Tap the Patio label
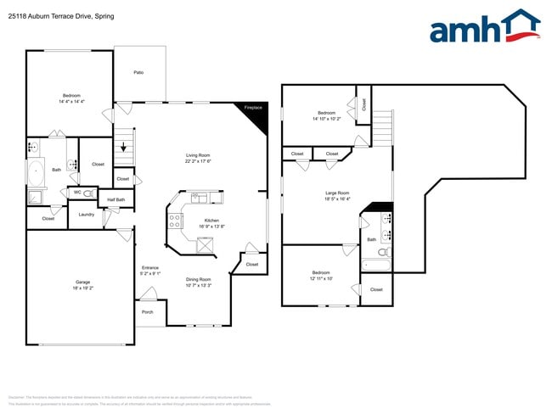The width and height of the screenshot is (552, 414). [x=138, y=72]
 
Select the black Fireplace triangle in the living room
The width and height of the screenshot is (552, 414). [x=256, y=117]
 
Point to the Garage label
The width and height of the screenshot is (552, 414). [x=82, y=282]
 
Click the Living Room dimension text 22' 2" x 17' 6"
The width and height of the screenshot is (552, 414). [x=198, y=161]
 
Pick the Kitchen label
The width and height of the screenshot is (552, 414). [x=211, y=220]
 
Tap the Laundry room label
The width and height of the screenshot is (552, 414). [x=86, y=215]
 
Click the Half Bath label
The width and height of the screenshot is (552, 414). [x=115, y=200]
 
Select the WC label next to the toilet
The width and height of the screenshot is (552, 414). [x=77, y=193]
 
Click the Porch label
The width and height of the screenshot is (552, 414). [x=148, y=311]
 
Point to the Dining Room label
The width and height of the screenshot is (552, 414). [x=198, y=279]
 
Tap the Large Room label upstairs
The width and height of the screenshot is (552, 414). [x=337, y=193]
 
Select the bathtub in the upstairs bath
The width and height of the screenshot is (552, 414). [x=376, y=266]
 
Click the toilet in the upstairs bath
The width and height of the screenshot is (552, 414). [x=383, y=252]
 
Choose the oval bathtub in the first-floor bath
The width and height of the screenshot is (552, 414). [x=35, y=173]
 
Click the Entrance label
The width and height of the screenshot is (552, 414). [x=149, y=268]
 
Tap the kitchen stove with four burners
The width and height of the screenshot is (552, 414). [x=176, y=221]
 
